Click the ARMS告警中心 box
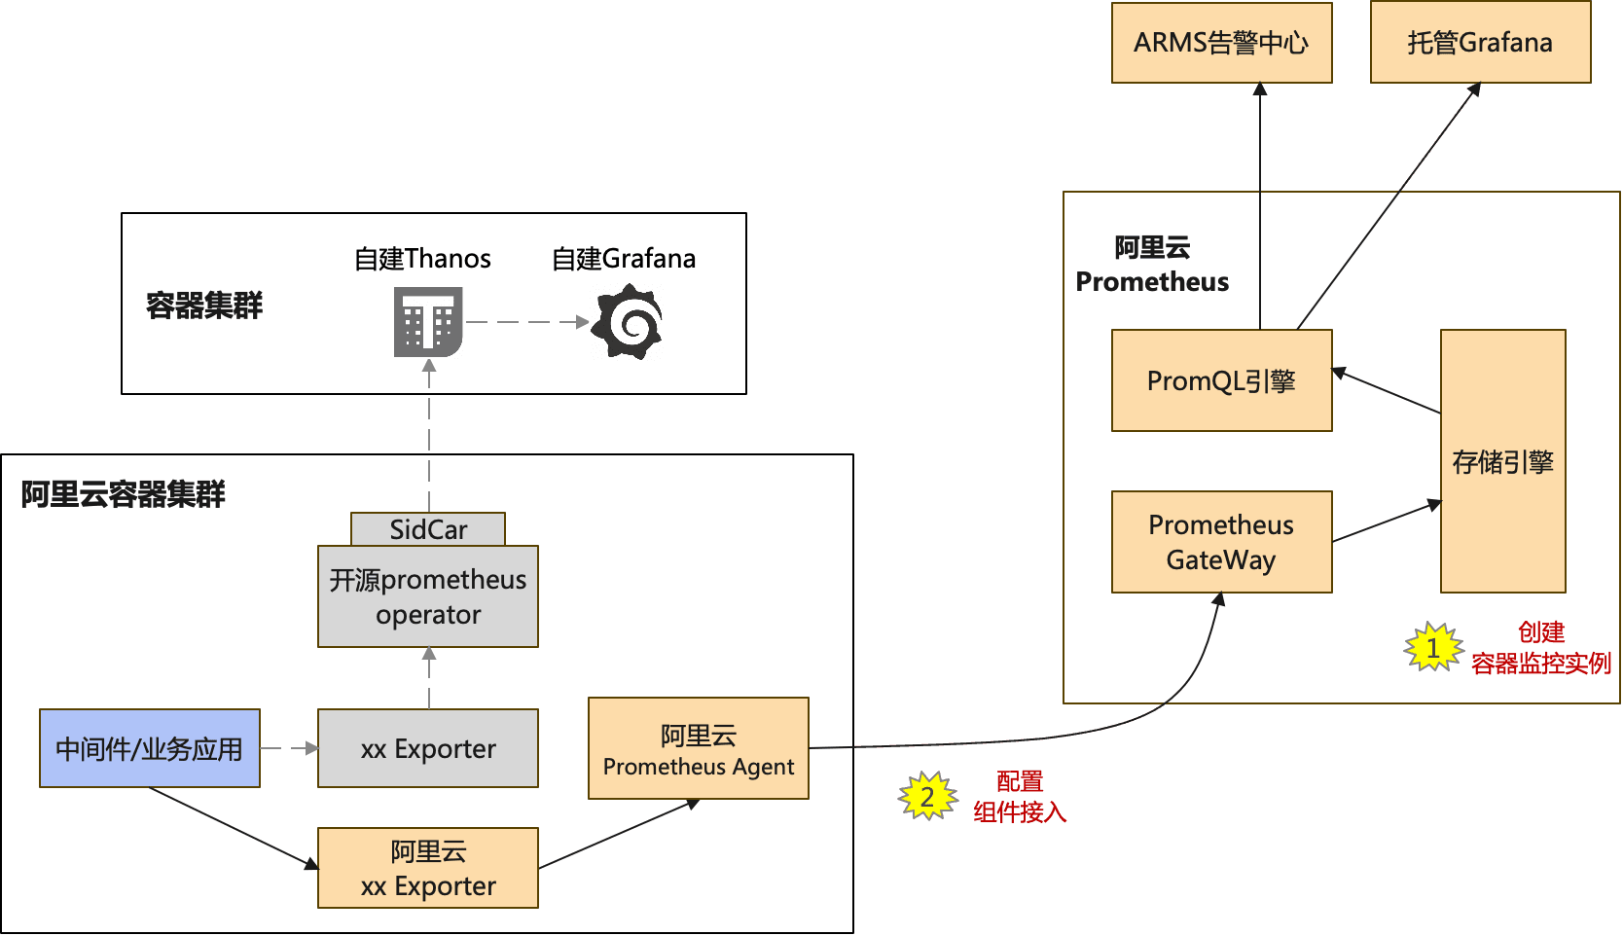tap(1221, 43)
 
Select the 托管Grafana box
tap(1480, 43)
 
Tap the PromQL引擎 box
tap(1221, 380)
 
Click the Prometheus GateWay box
tap(1221, 542)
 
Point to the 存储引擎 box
tap(1502, 461)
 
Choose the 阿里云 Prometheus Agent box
tap(698, 748)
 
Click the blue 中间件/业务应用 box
tap(149, 748)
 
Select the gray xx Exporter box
tap(427, 748)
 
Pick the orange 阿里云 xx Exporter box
tap(427, 868)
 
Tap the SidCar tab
tap(427, 529)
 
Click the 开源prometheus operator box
tap(427, 596)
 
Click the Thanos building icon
tap(428, 321)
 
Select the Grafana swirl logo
tap(630, 321)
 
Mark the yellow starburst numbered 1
tap(1433, 647)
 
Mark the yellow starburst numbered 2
tap(927, 797)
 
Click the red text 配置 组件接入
tap(1020, 796)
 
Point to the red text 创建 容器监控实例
tap(1541, 648)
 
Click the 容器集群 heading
tap(204, 306)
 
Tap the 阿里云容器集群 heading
tap(123, 494)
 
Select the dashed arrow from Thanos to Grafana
tap(526, 322)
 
